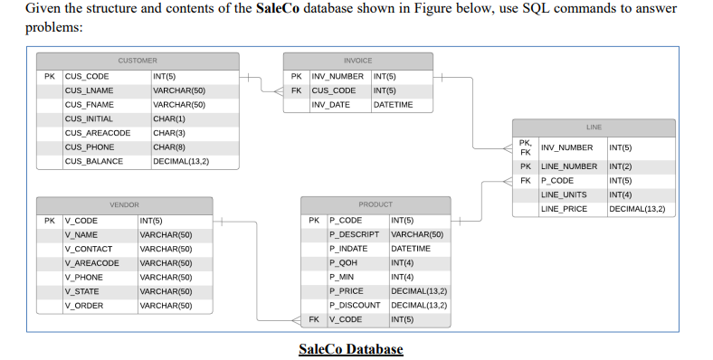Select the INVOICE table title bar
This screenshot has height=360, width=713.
click(x=357, y=60)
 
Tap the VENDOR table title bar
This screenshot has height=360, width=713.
click(x=124, y=205)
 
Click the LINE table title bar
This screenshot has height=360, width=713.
click(x=593, y=127)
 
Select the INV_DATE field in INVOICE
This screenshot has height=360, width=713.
click(x=330, y=105)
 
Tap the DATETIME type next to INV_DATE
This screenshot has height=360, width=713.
click(x=394, y=105)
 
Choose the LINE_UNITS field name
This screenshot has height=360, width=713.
click(x=564, y=194)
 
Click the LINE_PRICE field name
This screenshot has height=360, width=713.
click(x=563, y=209)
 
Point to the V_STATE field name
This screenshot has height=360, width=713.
click(x=81, y=291)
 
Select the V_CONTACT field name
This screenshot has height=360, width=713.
click(x=88, y=249)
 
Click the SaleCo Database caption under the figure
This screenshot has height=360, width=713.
click(x=350, y=349)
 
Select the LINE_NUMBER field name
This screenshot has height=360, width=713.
click(x=569, y=166)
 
